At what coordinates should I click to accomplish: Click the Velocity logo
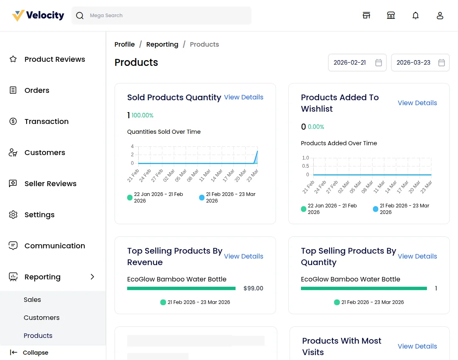pyautogui.click(x=38, y=16)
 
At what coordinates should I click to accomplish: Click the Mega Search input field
pyautogui.click(x=168, y=16)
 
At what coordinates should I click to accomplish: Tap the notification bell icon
pyautogui.click(x=415, y=16)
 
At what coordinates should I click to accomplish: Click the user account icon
pyautogui.click(x=440, y=16)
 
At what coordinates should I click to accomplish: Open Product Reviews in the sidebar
pyautogui.click(x=54, y=59)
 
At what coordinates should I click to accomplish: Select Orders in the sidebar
pyautogui.click(x=37, y=90)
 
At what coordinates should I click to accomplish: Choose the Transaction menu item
pyautogui.click(x=46, y=122)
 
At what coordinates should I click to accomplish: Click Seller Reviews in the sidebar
pyautogui.click(x=50, y=184)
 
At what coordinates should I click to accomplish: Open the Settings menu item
pyautogui.click(x=39, y=215)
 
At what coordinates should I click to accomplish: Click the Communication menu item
pyautogui.click(x=54, y=246)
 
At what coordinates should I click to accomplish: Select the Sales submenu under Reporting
pyautogui.click(x=32, y=300)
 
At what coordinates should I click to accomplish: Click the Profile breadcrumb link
pyautogui.click(x=124, y=45)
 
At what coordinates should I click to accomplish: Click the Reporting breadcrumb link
pyautogui.click(x=162, y=45)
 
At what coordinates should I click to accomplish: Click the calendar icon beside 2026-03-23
pyautogui.click(x=442, y=63)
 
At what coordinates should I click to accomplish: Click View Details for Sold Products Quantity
pyautogui.click(x=243, y=97)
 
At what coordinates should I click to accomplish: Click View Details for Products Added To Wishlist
pyautogui.click(x=417, y=103)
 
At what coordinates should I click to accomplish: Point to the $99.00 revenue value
pyautogui.click(x=253, y=288)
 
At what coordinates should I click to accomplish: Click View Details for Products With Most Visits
pyautogui.click(x=417, y=346)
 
